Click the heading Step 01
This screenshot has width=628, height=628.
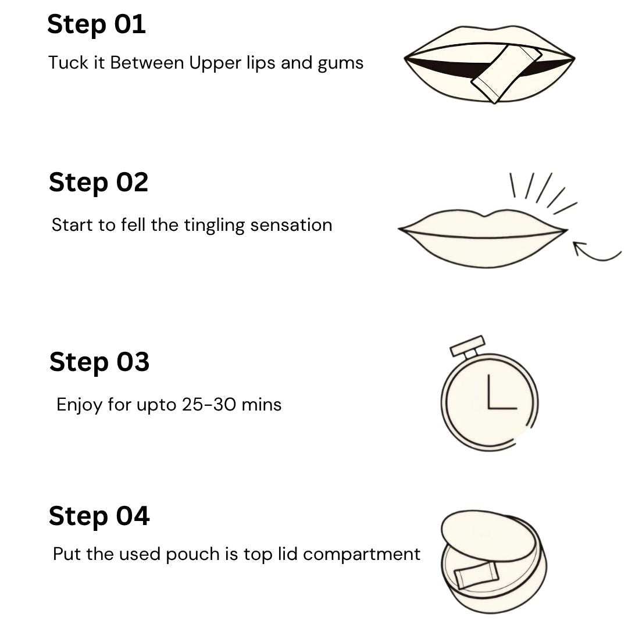point(96,25)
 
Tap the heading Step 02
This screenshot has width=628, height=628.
point(98,183)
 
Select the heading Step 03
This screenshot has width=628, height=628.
point(99,362)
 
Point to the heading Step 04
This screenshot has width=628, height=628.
point(99,516)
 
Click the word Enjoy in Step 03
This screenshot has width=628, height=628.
point(80,405)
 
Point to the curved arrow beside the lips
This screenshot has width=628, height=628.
point(595,253)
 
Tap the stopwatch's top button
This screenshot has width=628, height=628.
point(468,345)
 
